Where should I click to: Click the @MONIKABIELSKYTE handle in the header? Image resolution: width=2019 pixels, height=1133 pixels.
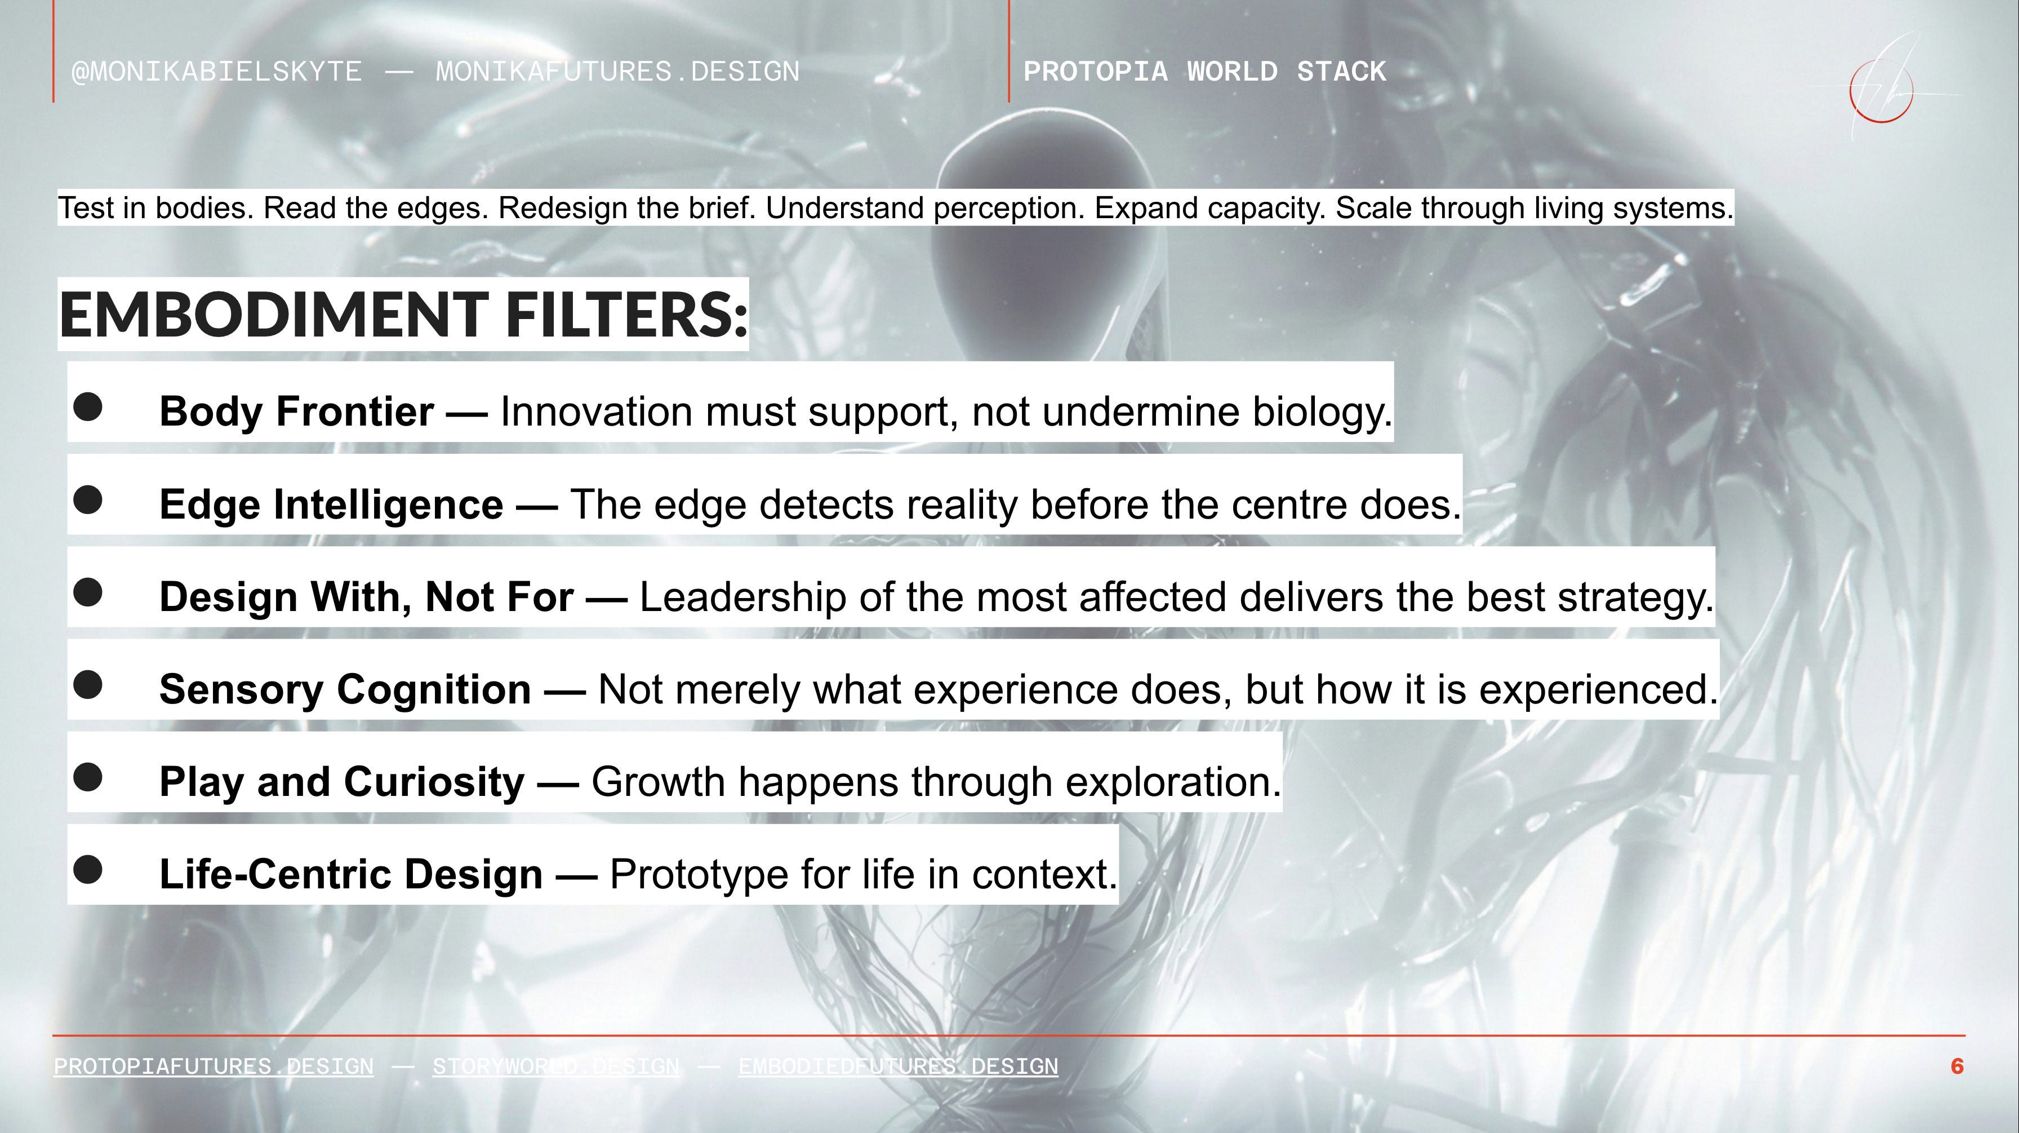(x=217, y=72)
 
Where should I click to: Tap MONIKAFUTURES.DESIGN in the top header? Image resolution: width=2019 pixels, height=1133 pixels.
(x=617, y=72)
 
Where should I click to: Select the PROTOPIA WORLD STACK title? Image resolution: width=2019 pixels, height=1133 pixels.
(x=1204, y=72)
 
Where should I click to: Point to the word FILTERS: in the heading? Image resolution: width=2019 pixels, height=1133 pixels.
(x=627, y=313)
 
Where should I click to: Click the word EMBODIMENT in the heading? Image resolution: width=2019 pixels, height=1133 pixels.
(x=274, y=313)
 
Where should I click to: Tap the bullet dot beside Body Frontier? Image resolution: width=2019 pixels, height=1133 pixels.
(x=88, y=406)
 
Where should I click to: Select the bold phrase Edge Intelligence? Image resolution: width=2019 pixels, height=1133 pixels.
(x=331, y=504)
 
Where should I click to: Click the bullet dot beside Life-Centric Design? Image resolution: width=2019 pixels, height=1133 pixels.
(x=88, y=869)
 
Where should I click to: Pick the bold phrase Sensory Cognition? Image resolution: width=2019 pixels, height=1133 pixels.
(x=345, y=689)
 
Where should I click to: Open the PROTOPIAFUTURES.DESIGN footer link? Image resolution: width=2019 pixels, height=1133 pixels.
(x=214, y=1066)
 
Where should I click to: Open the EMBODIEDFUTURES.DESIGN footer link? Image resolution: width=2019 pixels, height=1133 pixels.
(x=898, y=1066)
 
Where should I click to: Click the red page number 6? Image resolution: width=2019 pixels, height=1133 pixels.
(x=1957, y=1066)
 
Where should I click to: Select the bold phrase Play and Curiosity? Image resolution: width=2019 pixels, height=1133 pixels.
(x=342, y=782)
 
